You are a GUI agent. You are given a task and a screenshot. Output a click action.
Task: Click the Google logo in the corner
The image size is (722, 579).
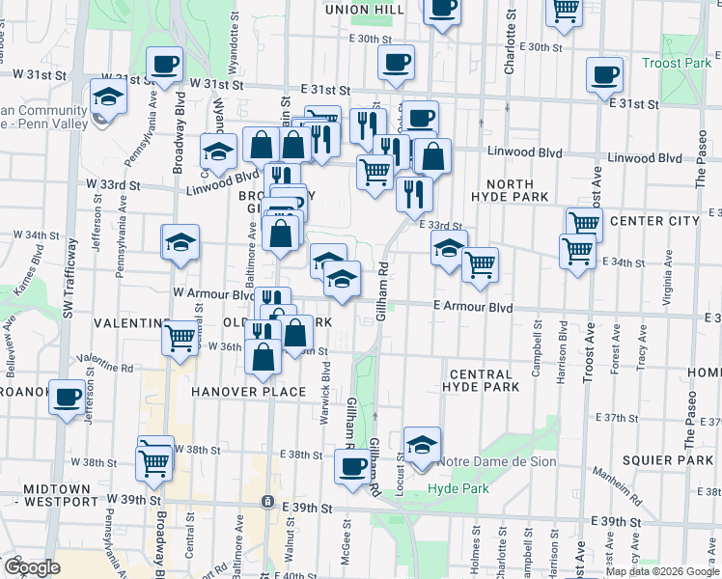[32, 567]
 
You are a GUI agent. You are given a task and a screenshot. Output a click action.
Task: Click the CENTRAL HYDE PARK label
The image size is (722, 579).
[480, 380]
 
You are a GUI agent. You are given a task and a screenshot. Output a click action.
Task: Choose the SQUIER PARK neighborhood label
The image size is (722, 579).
[667, 460]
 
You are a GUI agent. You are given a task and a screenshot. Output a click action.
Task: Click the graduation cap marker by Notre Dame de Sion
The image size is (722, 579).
[422, 445]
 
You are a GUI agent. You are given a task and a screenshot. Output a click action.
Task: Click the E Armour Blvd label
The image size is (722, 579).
[472, 307]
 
